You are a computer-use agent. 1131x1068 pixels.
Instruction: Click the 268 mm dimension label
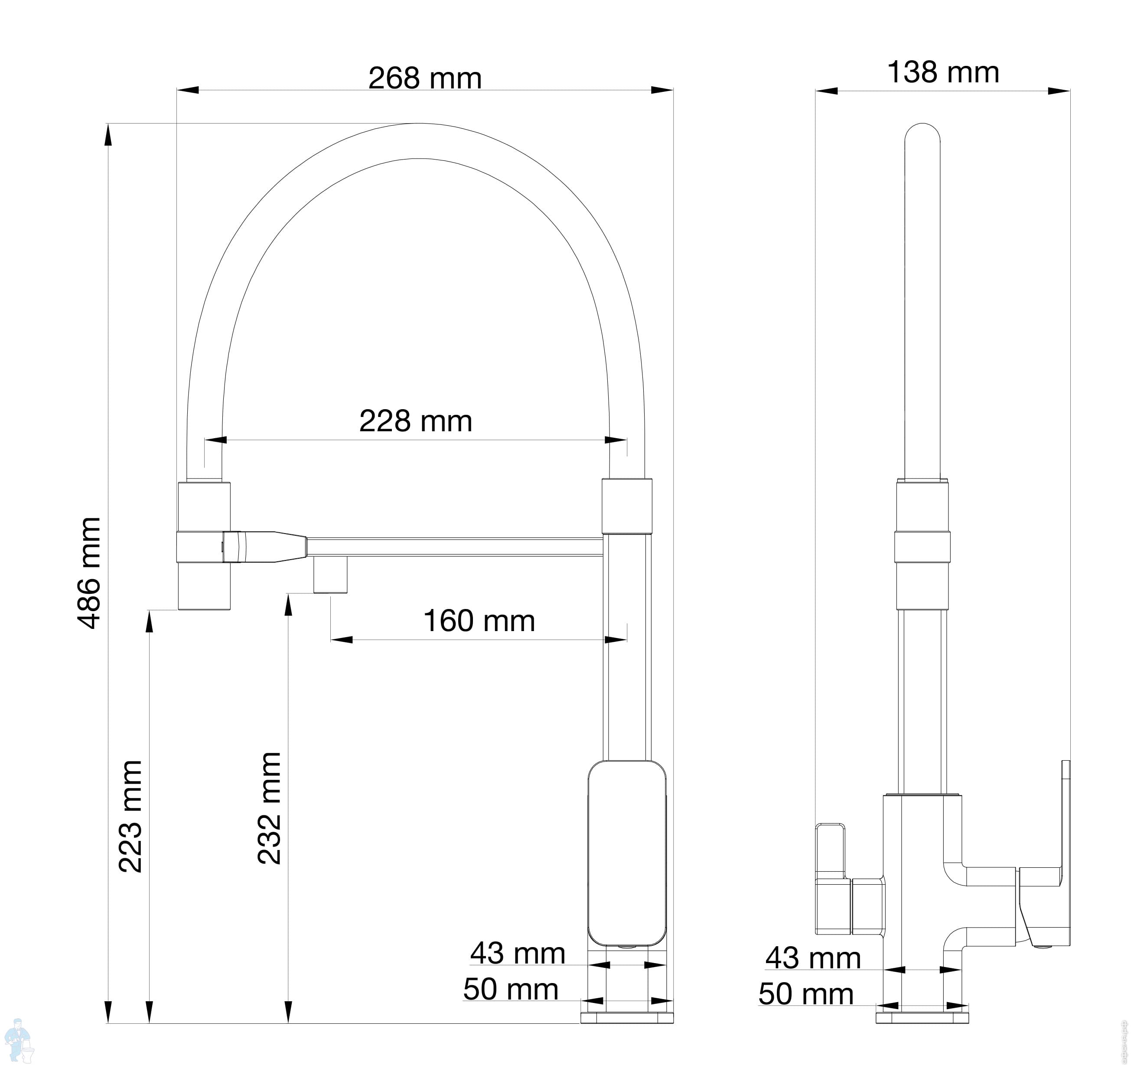pyautogui.click(x=425, y=78)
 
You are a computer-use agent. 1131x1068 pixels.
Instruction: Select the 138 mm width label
pyautogui.click(x=943, y=72)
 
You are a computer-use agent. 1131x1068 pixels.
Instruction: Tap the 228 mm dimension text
pyautogui.click(x=416, y=421)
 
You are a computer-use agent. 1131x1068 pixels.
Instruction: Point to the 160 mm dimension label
pyautogui.click(x=479, y=621)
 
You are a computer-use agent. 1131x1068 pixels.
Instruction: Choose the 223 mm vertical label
pyautogui.click(x=130, y=816)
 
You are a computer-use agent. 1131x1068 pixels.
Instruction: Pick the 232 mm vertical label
pyautogui.click(x=269, y=808)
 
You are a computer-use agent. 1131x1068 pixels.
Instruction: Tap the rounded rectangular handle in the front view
pyautogui.click(x=627, y=854)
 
